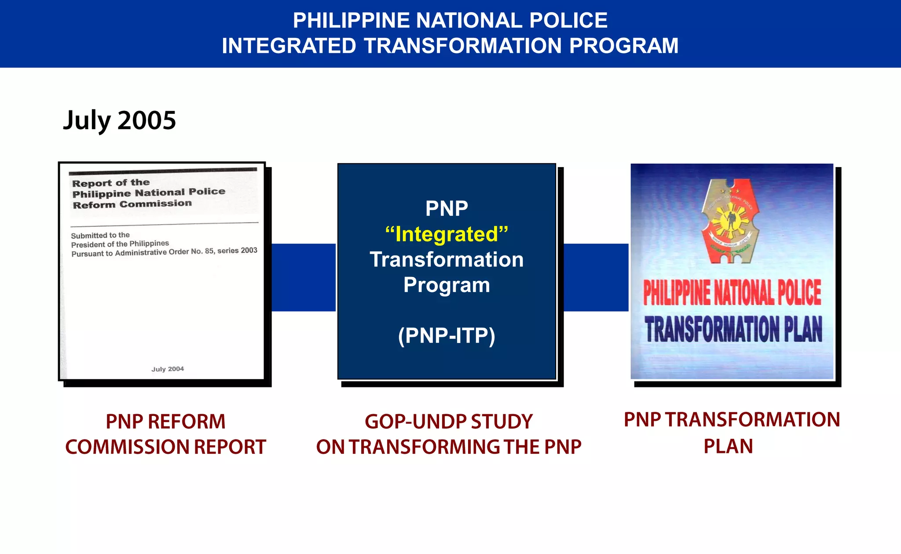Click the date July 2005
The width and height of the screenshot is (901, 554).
coord(119,120)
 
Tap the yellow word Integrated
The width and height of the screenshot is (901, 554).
coord(447,234)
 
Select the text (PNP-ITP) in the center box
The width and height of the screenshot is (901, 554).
coord(447,336)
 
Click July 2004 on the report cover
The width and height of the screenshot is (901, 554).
coord(168,369)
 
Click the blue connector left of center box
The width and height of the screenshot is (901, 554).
coord(304,277)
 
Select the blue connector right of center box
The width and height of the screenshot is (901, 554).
coord(596,277)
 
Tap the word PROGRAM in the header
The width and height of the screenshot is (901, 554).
coord(623,46)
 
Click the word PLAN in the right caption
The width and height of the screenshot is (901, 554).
coord(728,447)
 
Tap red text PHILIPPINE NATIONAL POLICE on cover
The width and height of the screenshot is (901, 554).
coord(732,293)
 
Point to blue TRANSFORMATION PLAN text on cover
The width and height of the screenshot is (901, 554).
coord(733,329)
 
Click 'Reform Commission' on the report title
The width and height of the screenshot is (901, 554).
coord(132,204)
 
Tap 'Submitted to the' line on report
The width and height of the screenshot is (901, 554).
coord(100,236)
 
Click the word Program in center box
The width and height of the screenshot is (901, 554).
coord(447,285)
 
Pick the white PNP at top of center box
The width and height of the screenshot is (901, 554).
coord(447,209)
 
